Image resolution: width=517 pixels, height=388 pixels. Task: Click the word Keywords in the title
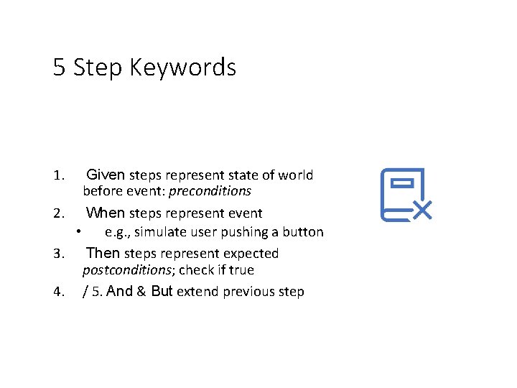pos(192,68)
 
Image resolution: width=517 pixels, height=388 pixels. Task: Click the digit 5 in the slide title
pos(59,68)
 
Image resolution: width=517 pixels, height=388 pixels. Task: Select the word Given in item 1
pos(106,175)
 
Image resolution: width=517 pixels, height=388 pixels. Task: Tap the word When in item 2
pos(106,213)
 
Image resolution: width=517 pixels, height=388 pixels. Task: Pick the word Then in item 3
pos(103,253)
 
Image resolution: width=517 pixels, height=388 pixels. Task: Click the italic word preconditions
pos(210,191)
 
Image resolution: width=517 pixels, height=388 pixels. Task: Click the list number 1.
pos(59,175)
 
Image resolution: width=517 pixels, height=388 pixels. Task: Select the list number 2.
pos(59,213)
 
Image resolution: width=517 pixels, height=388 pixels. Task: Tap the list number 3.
pos(59,254)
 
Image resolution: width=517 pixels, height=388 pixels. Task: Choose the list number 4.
pos(59,292)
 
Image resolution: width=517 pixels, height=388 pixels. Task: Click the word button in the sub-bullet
pos(304,232)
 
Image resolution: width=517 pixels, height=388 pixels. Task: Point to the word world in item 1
pos(297,175)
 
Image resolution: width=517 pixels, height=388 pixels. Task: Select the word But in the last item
pos(162,292)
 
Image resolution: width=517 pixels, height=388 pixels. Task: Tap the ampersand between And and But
pos(141,292)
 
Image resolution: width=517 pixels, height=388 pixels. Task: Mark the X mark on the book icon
pos(422,210)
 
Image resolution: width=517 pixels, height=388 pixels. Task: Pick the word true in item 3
pos(241,270)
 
